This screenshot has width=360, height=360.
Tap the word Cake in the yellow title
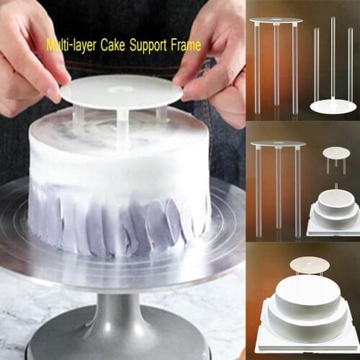[x=114, y=46]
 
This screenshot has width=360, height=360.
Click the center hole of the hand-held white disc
[x=120, y=89]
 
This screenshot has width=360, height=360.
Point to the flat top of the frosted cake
[x=115, y=133]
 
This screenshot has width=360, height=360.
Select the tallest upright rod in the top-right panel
[x=333, y=58]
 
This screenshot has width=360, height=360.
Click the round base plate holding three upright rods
[x=333, y=107]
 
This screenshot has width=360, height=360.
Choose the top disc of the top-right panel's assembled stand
[x=276, y=21]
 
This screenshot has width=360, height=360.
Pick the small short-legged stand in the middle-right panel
[x=336, y=156]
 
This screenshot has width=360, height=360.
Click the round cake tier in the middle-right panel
[x=336, y=205]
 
